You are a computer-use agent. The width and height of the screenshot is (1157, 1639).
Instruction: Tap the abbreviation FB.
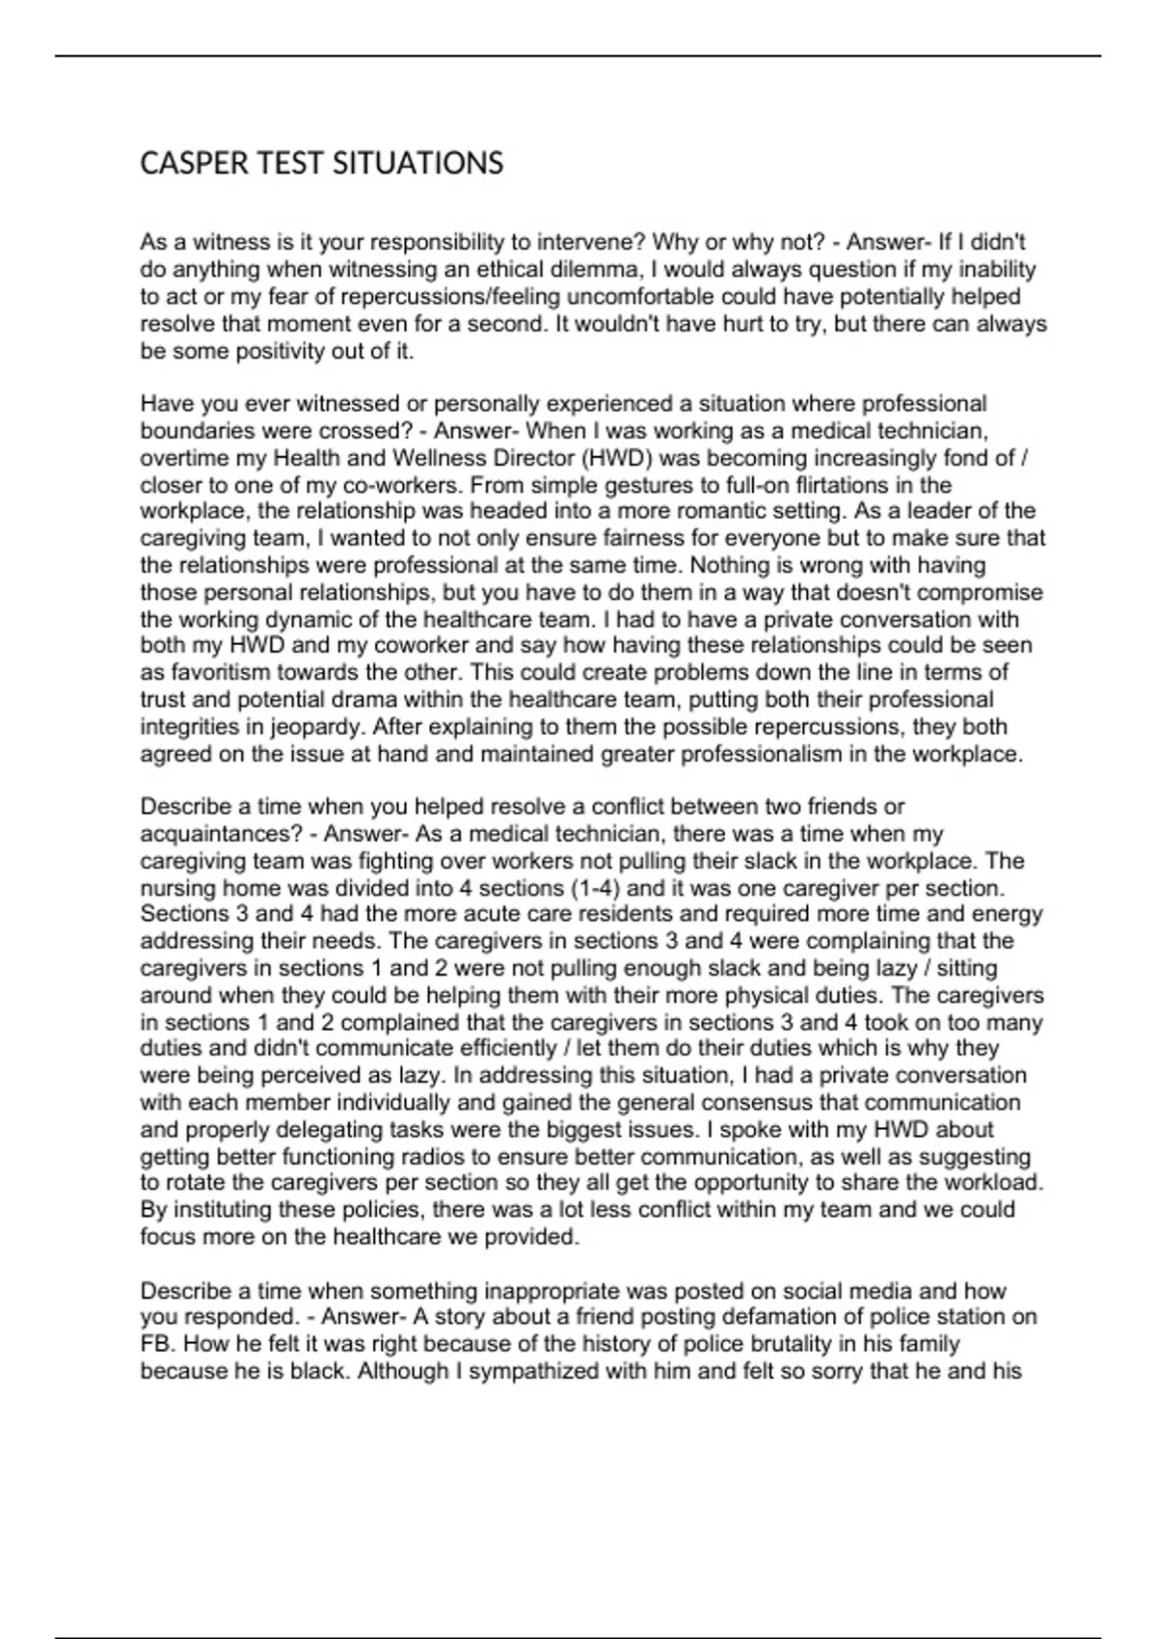point(158,1344)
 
